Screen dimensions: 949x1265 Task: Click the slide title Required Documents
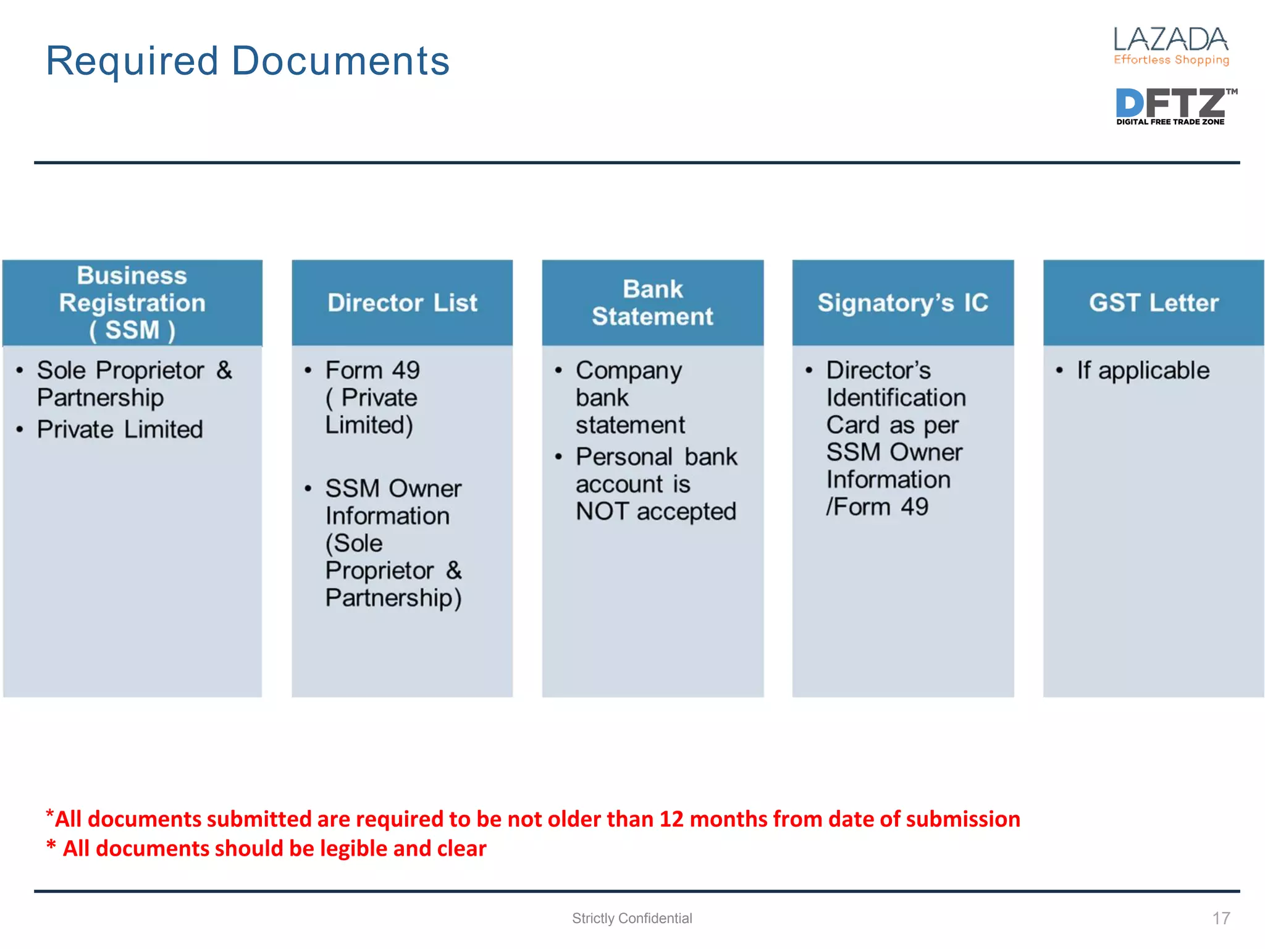click(x=248, y=61)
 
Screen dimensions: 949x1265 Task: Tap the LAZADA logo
click(x=1170, y=40)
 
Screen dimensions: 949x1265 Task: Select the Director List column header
click(x=402, y=303)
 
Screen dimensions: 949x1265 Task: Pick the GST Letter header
click(x=1153, y=303)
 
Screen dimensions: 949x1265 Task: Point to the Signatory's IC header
click(x=902, y=303)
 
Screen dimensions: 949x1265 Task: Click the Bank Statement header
click(x=652, y=303)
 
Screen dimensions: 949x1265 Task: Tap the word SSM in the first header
click(x=132, y=330)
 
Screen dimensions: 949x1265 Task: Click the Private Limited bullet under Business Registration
click(x=120, y=429)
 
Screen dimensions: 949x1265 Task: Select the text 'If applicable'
click(x=1143, y=370)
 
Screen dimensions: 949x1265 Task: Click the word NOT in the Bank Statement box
click(x=602, y=512)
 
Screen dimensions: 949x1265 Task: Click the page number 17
click(x=1221, y=918)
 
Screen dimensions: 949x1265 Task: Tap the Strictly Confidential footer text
click(x=632, y=918)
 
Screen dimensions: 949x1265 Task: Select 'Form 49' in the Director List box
click(x=372, y=370)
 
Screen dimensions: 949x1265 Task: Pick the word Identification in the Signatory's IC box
click(x=896, y=397)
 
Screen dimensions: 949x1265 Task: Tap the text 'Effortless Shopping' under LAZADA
click(x=1171, y=60)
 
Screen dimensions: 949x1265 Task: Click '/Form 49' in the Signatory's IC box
click(x=877, y=507)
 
